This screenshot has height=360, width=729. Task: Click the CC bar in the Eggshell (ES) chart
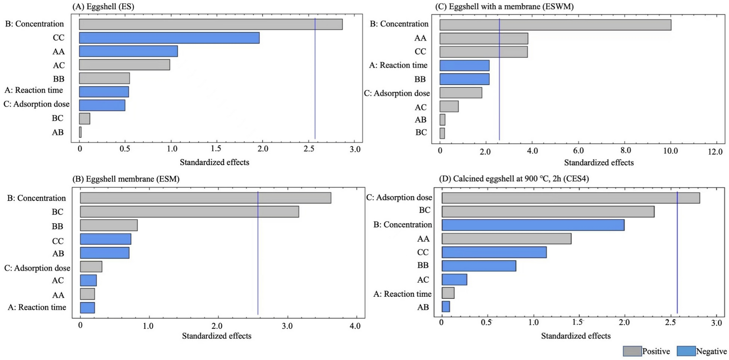point(169,38)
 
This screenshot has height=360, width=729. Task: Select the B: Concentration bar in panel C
point(555,25)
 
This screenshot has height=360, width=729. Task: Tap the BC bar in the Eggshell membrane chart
point(189,212)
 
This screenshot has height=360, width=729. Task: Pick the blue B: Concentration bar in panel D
point(533,225)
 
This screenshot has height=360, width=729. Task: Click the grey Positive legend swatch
point(632,351)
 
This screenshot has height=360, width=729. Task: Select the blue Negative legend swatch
point(686,351)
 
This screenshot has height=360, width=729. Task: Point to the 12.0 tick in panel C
point(714,151)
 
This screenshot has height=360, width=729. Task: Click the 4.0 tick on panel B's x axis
point(355,326)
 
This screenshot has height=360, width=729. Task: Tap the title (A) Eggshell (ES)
point(103,7)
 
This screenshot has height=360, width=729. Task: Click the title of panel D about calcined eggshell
point(513,179)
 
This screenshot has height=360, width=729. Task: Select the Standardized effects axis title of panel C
point(599,163)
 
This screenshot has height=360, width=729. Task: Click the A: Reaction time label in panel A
point(33,90)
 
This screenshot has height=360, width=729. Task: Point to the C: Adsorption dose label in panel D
point(399,197)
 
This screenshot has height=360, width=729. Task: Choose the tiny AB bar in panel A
point(80,132)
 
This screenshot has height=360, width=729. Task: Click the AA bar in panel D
point(506,239)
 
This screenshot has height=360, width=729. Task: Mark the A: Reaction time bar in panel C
point(464,65)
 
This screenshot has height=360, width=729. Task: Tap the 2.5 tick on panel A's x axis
point(309,149)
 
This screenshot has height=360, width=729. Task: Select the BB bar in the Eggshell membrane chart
point(109,225)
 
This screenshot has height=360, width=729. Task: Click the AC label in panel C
point(420,107)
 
